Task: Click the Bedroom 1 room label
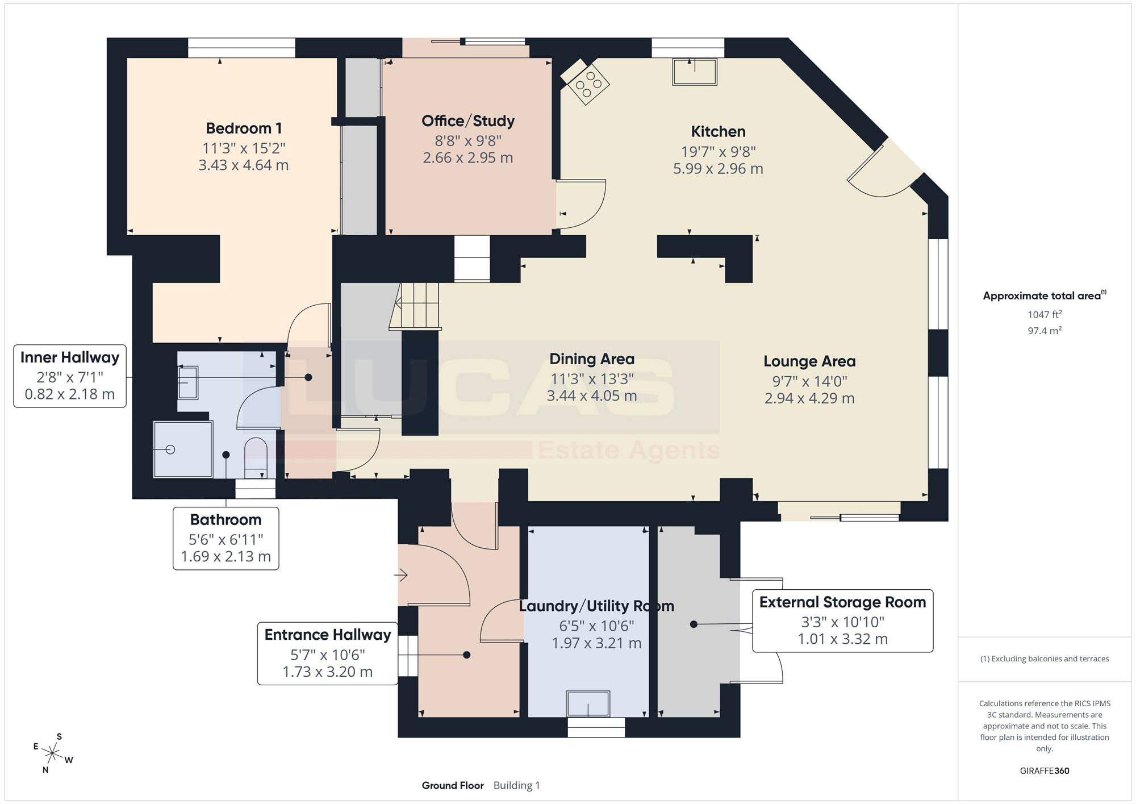244,128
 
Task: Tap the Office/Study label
468,121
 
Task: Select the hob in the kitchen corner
585,81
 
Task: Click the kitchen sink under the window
695,72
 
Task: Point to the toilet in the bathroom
255,458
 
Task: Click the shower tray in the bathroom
183,449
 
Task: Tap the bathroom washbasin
188,382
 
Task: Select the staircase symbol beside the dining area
416,306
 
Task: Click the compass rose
53,753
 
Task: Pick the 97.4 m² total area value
1045,331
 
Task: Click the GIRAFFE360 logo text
1045,771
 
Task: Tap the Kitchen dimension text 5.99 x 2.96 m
718,169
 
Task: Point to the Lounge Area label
809,361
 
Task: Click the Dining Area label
592,359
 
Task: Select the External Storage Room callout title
842,602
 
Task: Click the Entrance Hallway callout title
328,635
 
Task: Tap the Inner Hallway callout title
70,357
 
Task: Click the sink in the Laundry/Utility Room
588,704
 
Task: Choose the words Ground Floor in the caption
453,786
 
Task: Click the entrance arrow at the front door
401,576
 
